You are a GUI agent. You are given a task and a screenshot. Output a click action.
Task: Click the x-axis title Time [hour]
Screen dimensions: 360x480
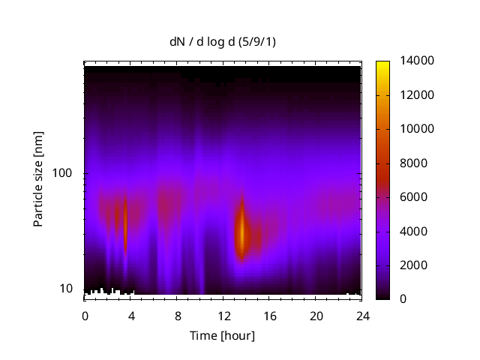pyautogui.click(x=221, y=335)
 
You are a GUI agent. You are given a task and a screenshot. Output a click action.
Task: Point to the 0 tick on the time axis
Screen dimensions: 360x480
pyautogui.click(x=85, y=315)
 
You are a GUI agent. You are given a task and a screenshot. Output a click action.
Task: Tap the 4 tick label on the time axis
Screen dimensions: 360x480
pyautogui.click(x=131, y=315)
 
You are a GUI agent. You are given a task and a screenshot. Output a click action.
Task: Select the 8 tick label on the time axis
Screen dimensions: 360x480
pyautogui.click(x=178, y=315)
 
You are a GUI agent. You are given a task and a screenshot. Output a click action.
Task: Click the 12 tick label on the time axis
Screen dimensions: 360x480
pyautogui.click(x=223, y=315)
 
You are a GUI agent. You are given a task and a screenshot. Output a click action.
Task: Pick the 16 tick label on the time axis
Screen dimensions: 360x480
pyautogui.click(x=270, y=315)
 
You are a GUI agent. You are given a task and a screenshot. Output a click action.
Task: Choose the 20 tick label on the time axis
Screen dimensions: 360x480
pyautogui.click(x=316, y=315)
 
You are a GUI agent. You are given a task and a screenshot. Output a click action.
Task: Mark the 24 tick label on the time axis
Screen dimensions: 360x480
pyautogui.click(x=362, y=315)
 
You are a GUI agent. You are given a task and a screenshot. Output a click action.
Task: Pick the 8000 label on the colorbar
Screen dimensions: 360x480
pyautogui.click(x=409, y=163)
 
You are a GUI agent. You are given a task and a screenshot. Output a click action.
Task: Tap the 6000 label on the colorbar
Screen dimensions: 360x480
pyautogui.click(x=409, y=197)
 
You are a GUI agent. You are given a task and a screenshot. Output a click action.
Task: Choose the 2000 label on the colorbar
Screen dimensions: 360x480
pyautogui.click(x=409, y=265)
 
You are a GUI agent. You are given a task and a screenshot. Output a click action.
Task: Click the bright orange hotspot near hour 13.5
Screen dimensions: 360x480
pyautogui.click(x=241, y=232)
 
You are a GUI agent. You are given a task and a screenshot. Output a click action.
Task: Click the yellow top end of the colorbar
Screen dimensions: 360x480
pyautogui.click(x=382, y=64)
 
